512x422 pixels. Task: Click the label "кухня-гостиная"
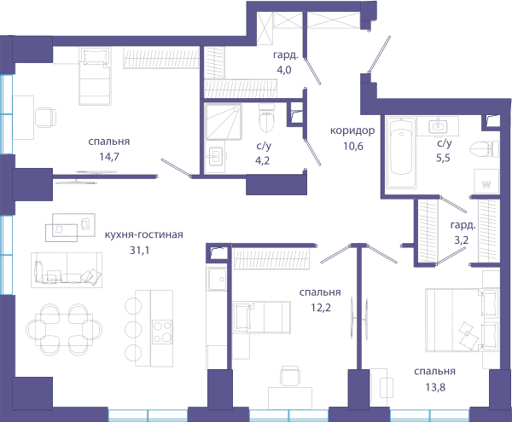coord(143,234)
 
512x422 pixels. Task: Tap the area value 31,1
coord(139,250)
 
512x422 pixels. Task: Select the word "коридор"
coord(352,130)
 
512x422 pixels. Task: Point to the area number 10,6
coord(353,146)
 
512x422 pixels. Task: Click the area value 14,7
coord(109,157)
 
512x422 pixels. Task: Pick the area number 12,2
coord(321,307)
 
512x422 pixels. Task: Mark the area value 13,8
coord(435,387)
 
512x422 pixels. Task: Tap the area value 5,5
coord(443,158)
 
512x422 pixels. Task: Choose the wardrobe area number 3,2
coord(462,240)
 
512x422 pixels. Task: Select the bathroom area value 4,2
coord(263,160)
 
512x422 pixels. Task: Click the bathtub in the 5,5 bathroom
coord(401,153)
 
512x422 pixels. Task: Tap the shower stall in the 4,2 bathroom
coord(224,122)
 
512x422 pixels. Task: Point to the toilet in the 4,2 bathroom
coord(266,119)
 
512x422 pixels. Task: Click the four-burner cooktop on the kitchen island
coord(162,332)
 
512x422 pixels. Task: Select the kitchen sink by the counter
coord(217,279)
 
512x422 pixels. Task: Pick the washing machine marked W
coord(486,182)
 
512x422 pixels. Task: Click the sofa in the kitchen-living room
coord(67,270)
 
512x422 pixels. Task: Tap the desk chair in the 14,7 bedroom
coord(45,118)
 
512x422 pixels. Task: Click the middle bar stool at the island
coord(133,329)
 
